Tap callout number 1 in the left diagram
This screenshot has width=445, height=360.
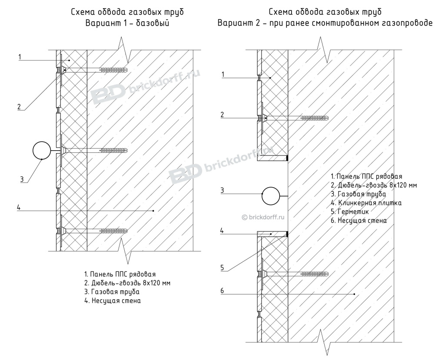click(x=20, y=56)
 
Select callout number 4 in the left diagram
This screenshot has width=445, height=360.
click(x=19, y=208)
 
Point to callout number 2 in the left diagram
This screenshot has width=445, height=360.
click(x=19, y=106)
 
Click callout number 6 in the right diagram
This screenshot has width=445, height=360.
click(x=222, y=291)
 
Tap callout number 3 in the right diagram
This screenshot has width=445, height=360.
click(x=222, y=190)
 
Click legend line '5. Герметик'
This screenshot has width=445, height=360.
click(x=350, y=211)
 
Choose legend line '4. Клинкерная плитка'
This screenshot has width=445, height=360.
click(x=366, y=203)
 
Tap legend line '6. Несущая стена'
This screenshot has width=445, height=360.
click(x=359, y=221)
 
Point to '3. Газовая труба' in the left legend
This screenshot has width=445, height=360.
click(x=112, y=292)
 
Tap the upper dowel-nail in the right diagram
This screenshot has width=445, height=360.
click(x=296, y=118)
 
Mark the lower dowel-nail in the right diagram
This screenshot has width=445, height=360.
click(x=296, y=274)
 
